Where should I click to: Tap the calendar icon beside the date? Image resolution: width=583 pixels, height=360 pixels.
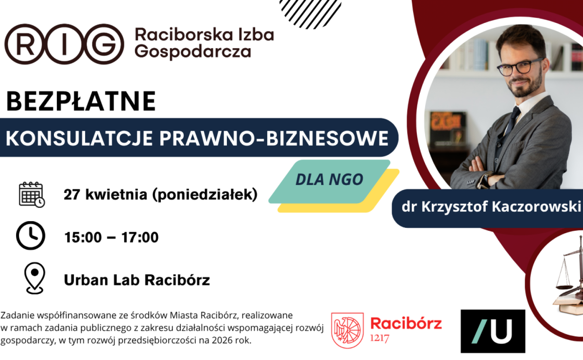tap(32, 194)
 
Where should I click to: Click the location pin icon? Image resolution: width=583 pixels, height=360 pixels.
tap(34, 278)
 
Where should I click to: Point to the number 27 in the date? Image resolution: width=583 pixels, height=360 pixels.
tap(72, 195)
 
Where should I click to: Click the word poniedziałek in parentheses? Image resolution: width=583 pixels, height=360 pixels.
tap(205, 195)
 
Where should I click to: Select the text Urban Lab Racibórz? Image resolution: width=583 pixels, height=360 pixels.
tap(137, 280)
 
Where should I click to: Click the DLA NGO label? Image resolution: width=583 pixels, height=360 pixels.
tap(329, 179)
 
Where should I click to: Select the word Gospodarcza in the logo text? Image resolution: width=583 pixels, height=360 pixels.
tap(193, 51)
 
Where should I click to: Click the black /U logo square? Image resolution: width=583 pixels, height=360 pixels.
tap(493, 331)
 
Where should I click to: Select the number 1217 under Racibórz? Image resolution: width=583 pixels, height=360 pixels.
tap(380, 339)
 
